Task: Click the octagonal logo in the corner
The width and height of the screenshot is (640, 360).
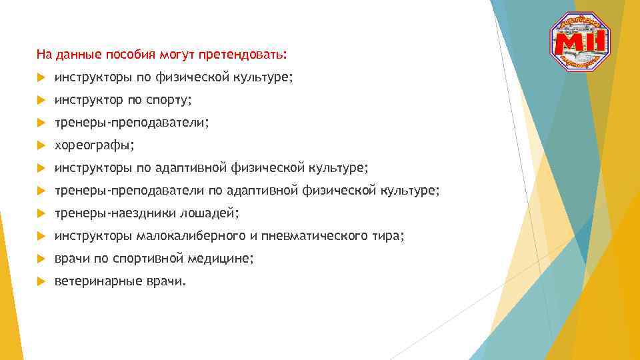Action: click(x=579, y=42)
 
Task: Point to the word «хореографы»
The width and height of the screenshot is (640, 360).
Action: click(x=94, y=145)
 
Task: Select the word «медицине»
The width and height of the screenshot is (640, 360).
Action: click(x=223, y=259)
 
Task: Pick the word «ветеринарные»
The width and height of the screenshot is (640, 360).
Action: click(x=97, y=281)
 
